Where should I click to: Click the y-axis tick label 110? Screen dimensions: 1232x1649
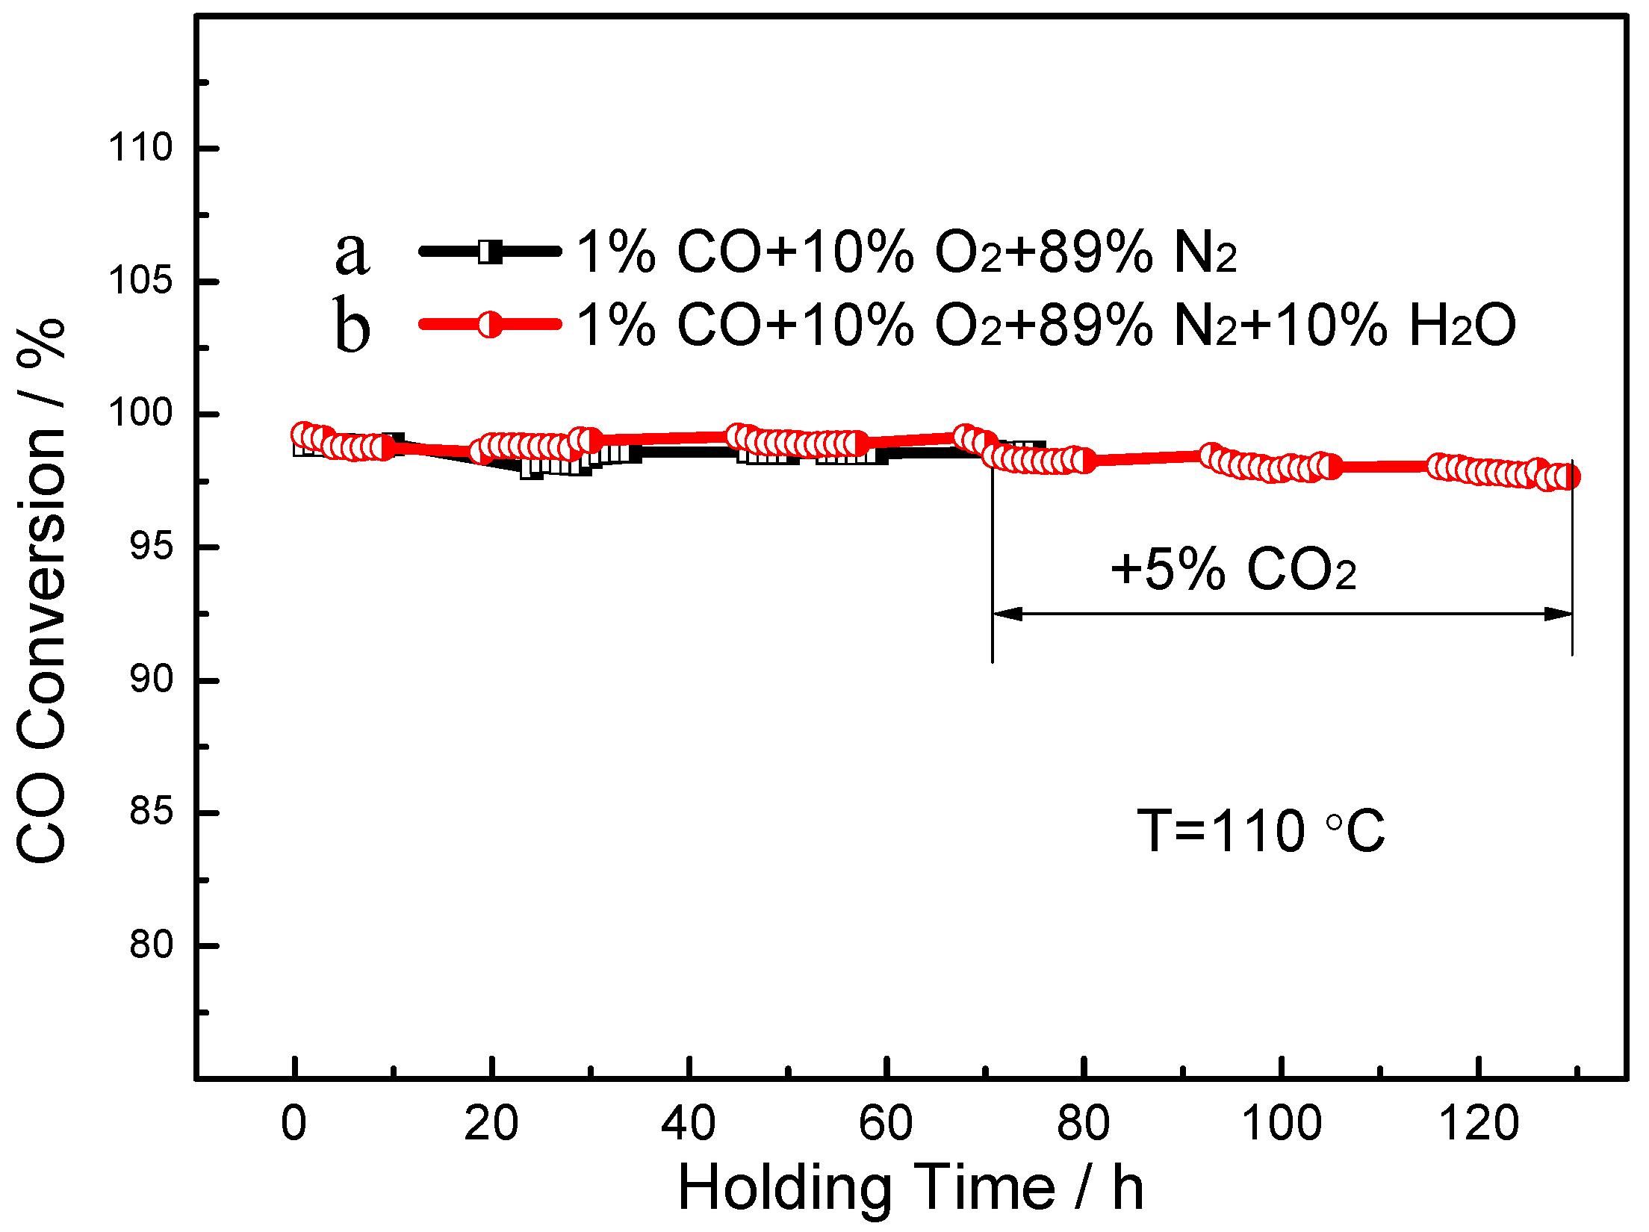(x=140, y=148)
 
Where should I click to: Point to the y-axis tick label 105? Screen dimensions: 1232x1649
(x=140, y=281)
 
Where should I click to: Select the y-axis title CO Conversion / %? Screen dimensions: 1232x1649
(x=42, y=590)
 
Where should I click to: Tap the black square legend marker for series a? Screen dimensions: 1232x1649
(x=490, y=252)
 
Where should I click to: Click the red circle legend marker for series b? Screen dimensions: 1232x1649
(x=490, y=324)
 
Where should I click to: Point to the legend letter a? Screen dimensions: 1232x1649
(x=352, y=252)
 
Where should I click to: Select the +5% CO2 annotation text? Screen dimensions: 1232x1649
(x=1233, y=570)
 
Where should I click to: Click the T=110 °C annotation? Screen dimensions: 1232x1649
(x=1261, y=831)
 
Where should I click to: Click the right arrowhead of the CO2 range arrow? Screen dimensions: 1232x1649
(x=1559, y=614)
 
